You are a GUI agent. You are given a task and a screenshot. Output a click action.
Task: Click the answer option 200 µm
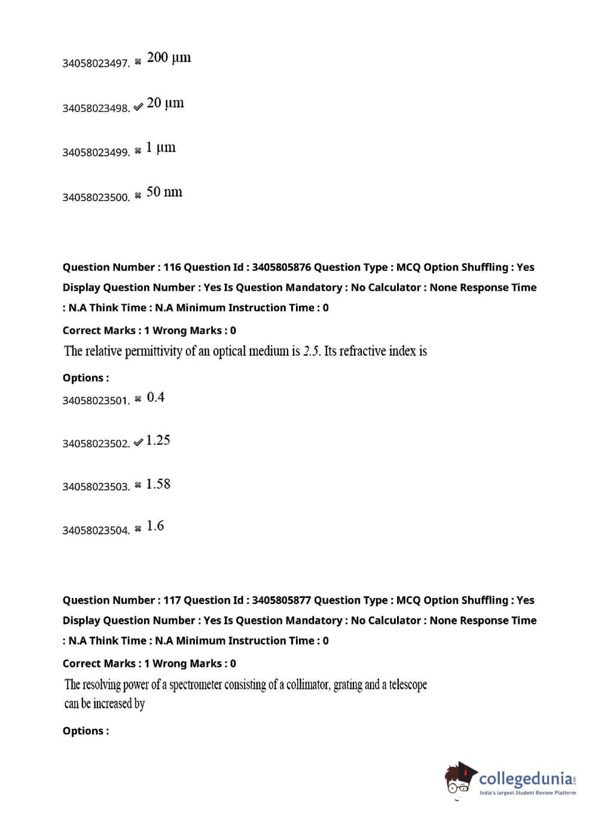[x=169, y=58]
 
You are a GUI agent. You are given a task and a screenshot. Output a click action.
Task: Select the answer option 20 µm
[x=165, y=103]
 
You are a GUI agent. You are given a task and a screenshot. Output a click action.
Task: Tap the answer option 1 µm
[x=161, y=148]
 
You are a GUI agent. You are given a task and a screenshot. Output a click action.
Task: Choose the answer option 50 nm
[x=164, y=192]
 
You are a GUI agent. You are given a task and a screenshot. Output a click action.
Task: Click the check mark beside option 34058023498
[x=138, y=107]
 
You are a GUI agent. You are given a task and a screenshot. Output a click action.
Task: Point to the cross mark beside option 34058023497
[x=138, y=62]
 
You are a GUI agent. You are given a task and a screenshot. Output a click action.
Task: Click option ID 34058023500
[x=96, y=197]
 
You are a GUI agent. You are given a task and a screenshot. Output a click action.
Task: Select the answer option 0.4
[x=155, y=398]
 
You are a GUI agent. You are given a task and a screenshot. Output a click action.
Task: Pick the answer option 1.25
[x=158, y=441]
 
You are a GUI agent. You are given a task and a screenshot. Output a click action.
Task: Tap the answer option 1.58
[x=158, y=484]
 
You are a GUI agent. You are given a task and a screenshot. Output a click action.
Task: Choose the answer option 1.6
[x=155, y=526]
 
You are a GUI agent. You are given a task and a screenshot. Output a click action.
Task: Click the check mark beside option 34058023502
[x=138, y=442]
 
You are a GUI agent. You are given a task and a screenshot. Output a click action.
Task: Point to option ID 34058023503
[x=96, y=487]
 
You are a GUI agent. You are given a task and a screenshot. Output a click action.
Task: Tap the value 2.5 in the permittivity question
[x=312, y=351]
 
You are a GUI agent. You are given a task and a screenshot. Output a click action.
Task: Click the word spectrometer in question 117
[x=195, y=685]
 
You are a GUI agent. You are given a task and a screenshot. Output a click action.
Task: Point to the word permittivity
[x=153, y=351]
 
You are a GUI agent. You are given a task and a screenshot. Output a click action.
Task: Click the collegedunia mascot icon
[x=460, y=779]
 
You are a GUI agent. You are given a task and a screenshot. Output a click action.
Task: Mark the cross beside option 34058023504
[x=138, y=528]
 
